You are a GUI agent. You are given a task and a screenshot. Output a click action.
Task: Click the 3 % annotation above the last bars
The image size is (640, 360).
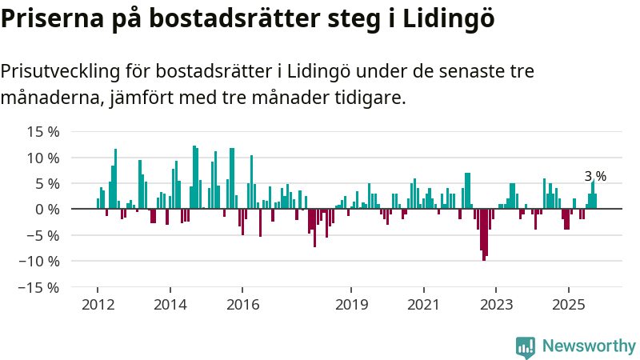tap(595, 176)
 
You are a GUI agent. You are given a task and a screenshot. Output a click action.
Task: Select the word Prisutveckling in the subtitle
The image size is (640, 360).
tap(58, 72)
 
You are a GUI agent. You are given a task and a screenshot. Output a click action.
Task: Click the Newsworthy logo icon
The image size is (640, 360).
tap(526, 346)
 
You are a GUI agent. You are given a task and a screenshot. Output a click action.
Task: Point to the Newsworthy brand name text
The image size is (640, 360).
tap(589, 346)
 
